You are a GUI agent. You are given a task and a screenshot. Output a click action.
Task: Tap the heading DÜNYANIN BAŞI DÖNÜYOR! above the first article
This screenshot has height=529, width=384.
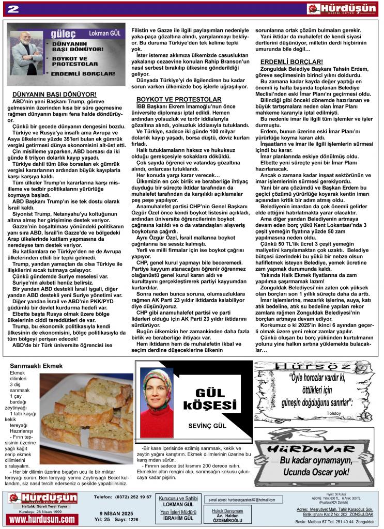(54, 95)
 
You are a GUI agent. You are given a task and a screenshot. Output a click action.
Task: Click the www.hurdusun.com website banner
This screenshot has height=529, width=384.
(42, 519)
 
